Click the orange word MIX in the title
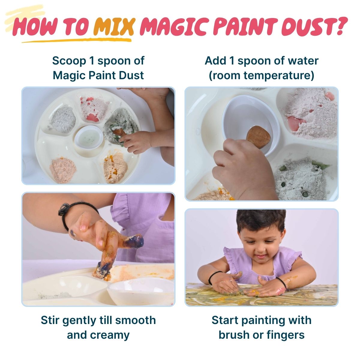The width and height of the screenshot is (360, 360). [x=114, y=27]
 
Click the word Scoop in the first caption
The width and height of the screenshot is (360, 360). [x=69, y=61]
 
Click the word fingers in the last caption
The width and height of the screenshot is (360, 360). [x=286, y=335]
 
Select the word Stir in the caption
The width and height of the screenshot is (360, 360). [x=50, y=320]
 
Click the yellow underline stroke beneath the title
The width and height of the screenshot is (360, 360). [x=76, y=40]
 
